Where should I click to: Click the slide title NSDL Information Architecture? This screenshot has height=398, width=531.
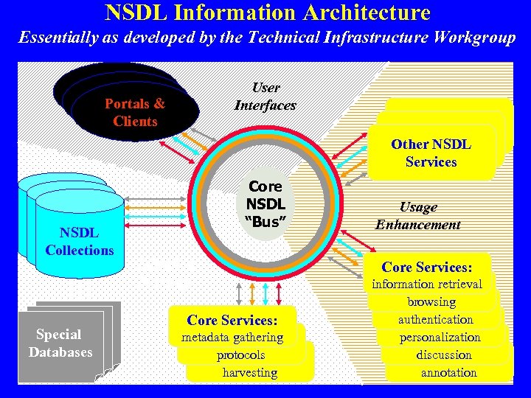(x=267, y=13)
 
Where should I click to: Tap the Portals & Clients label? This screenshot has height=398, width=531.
(x=135, y=113)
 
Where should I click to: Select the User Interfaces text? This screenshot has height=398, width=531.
(x=265, y=97)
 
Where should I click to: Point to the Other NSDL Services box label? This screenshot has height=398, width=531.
(x=431, y=153)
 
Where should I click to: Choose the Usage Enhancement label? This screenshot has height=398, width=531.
(x=417, y=216)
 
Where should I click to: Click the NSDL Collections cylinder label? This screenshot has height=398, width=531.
(x=80, y=242)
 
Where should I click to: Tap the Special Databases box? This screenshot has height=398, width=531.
(x=60, y=343)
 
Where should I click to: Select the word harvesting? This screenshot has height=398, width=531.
(x=250, y=372)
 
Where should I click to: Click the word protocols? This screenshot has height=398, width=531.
(x=240, y=355)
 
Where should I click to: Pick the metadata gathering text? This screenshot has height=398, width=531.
(x=232, y=337)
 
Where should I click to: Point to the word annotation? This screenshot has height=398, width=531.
(x=448, y=372)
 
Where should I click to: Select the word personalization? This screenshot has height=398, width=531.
(x=440, y=337)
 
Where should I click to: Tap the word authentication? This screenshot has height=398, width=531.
(x=435, y=319)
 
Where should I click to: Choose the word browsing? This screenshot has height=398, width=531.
(x=431, y=301)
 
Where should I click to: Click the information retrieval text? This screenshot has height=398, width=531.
(x=426, y=284)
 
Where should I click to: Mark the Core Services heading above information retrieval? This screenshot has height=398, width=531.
(x=426, y=267)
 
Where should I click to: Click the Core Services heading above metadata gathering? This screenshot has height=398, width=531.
(x=232, y=320)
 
